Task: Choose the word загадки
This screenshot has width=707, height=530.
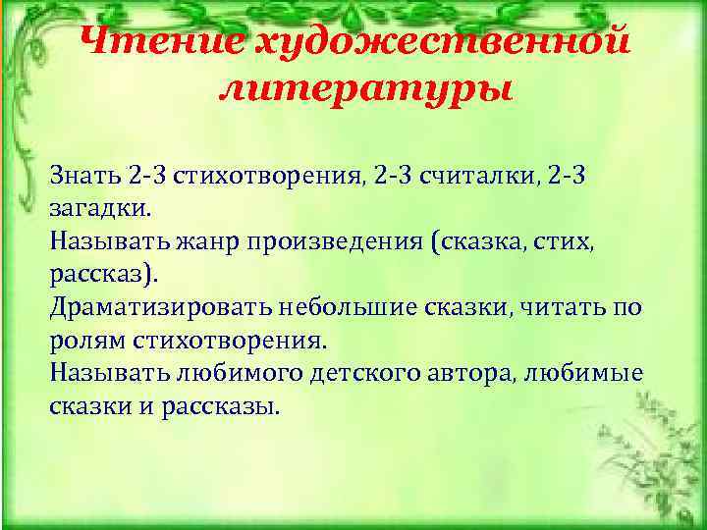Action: point(100,208)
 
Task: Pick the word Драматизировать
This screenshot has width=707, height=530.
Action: point(145,308)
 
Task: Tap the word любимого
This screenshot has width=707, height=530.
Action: point(225,375)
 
